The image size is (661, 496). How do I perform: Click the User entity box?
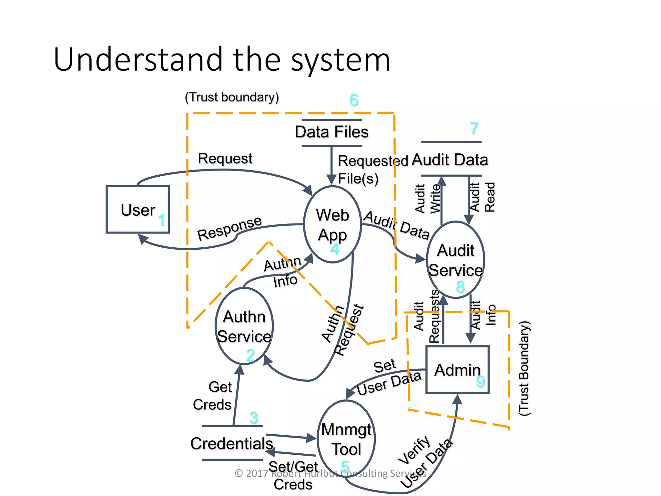tap(138, 209)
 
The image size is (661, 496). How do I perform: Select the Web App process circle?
tap(332, 224)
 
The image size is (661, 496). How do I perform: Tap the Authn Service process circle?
tap(244, 326)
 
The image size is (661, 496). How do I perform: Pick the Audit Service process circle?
tap(455, 260)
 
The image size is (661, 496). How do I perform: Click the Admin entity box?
tap(457, 370)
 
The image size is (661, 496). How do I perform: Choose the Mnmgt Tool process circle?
tap(346, 439)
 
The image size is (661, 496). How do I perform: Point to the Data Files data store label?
tap(331, 132)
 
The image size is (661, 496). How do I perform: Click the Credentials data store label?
tap(232, 443)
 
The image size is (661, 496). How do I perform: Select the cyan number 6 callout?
tap(354, 100)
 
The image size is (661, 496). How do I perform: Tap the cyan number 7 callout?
tap(474, 129)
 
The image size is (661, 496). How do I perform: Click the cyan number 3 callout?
tap(254, 418)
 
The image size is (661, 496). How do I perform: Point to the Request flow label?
tap(225, 159)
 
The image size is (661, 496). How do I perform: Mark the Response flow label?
tap(229, 228)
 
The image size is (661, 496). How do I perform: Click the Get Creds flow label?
tap(213, 396)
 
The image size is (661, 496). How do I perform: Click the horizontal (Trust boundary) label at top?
tap(232, 97)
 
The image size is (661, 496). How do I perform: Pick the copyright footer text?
tap(330, 473)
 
